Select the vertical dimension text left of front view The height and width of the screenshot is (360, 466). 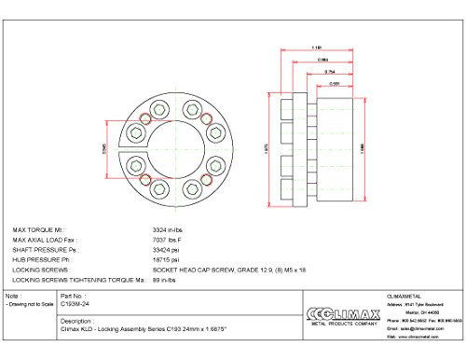tap(103, 151)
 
